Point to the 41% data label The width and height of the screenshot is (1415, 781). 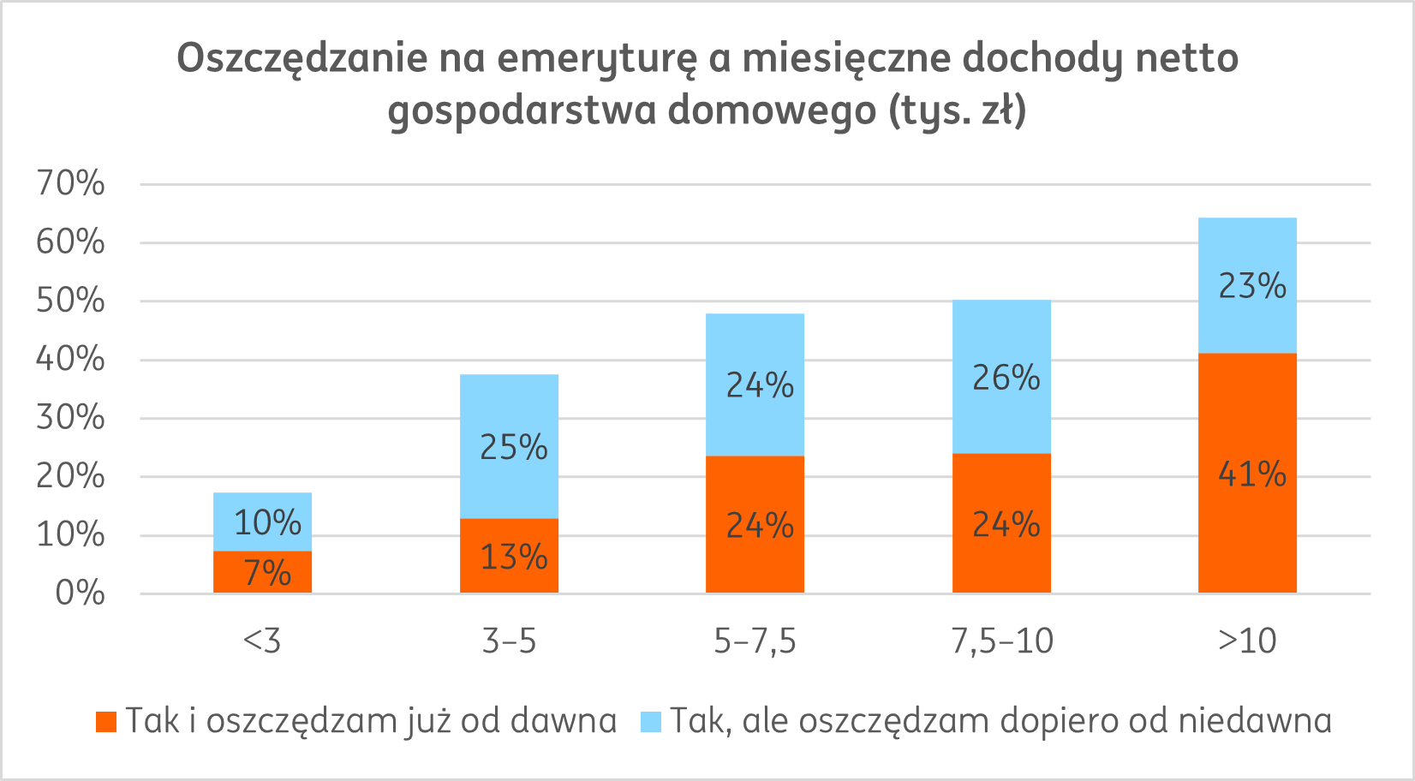click(1251, 474)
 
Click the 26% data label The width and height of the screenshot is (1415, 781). click(1006, 378)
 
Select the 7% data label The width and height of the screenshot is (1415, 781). click(267, 573)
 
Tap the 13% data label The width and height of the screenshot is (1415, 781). click(513, 557)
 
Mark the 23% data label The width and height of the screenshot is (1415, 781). click(1251, 286)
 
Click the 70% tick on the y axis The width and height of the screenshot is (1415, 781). click(70, 183)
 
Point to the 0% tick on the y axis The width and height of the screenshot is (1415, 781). click(80, 593)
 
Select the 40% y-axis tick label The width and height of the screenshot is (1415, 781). click(70, 359)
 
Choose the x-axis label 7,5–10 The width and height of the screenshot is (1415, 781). click(1002, 641)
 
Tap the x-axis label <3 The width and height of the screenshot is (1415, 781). click(262, 641)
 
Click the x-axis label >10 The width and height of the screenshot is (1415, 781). click(1247, 641)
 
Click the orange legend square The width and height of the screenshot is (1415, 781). click(106, 722)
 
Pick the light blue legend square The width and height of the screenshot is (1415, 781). click(651, 722)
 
